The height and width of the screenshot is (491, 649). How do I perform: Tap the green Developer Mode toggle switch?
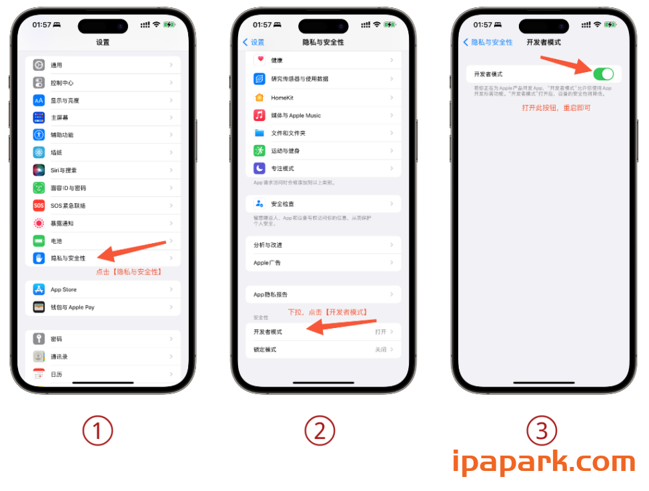[x=602, y=73]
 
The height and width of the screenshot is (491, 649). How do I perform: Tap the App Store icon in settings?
[x=39, y=289]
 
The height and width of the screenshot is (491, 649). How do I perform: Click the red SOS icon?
[x=39, y=206]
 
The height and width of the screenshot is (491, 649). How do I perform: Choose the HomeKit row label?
[x=282, y=98]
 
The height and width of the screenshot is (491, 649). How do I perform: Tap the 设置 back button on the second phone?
[x=253, y=42]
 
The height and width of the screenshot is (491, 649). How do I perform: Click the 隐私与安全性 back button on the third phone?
[x=488, y=42]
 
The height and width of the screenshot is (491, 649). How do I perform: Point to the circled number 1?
[x=98, y=431]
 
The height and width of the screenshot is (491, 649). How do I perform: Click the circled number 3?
[x=542, y=431]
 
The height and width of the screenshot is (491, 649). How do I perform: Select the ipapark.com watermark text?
[x=543, y=463]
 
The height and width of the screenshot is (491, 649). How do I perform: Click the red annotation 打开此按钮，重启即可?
[x=556, y=108]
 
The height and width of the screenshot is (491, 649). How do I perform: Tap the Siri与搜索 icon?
[x=39, y=170]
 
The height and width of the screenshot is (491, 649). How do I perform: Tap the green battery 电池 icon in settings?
[x=39, y=240]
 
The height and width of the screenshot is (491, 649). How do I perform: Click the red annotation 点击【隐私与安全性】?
[x=129, y=272]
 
